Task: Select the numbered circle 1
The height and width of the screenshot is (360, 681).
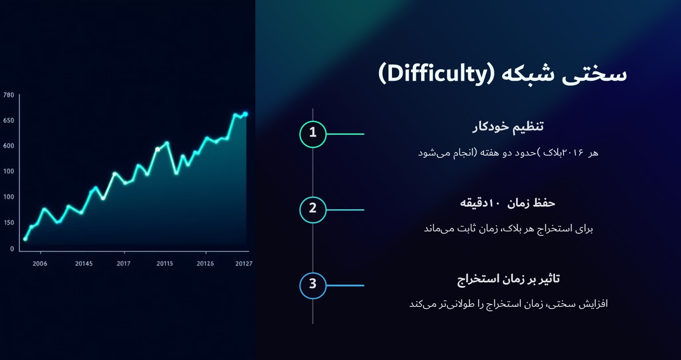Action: (313, 134)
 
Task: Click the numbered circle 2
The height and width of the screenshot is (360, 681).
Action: (313, 210)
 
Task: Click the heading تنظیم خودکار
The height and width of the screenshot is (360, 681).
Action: (508, 127)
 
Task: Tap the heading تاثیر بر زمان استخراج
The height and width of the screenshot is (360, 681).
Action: (508, 279)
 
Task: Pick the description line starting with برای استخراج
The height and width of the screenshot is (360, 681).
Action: (508, 229)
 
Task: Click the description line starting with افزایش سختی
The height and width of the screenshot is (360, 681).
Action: (508, 304)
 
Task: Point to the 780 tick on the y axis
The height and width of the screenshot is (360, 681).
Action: (9, 95)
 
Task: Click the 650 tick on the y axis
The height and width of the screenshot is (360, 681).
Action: (9, 121)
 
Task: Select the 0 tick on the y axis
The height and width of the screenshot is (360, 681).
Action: (12, 249)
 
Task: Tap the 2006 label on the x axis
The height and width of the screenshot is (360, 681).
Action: (40, 264)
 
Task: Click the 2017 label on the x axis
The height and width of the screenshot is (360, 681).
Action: (123, 264)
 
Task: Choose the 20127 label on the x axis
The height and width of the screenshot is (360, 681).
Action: (243, 264)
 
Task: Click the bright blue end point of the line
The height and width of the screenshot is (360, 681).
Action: (245, 114)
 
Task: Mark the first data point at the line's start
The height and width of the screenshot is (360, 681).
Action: (25, 239)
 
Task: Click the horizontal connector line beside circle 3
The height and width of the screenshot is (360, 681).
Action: (345, 286)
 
